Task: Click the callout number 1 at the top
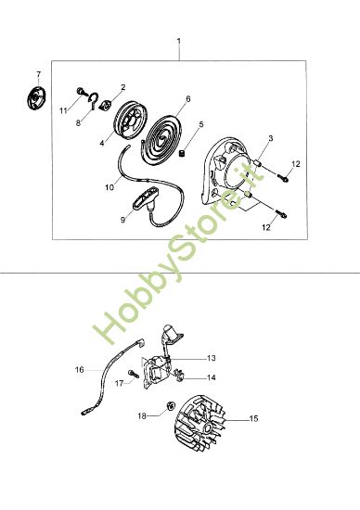[179, 42]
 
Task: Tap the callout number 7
[38, 73]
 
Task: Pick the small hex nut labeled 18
[172, 406]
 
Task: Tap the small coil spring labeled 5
[184, 153]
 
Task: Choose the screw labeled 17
[134, 375]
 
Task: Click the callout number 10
[109, 187]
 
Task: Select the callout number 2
[123, 87]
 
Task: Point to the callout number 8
[77, 122]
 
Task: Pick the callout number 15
[254, 419]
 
